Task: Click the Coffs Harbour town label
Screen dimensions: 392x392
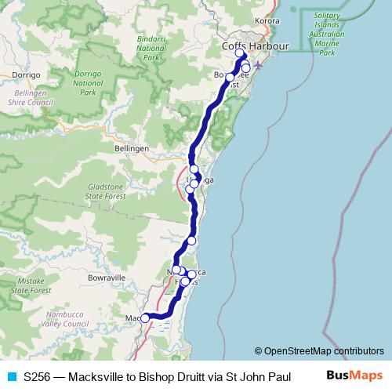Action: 256,46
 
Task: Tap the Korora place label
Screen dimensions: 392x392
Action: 267,21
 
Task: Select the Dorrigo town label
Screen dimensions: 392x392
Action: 26,74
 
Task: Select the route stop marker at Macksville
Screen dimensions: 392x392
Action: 145,318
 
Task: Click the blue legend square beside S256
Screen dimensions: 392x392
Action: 11,376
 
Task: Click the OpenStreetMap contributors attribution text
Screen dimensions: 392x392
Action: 319,351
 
